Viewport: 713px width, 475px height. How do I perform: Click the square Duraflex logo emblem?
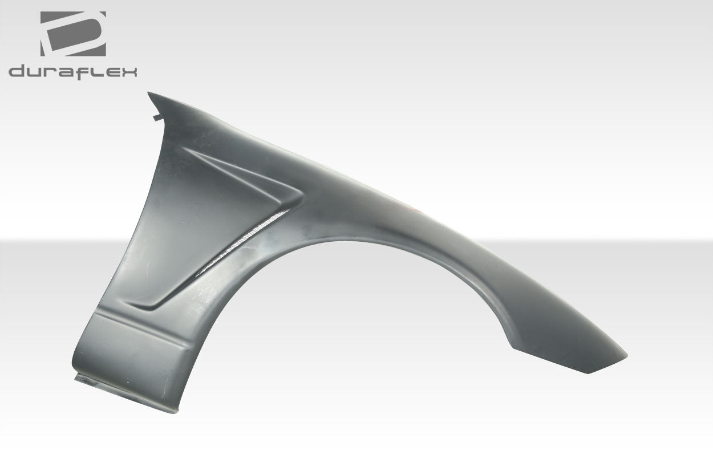coord(72,34)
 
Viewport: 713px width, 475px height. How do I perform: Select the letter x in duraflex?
coord(129,72)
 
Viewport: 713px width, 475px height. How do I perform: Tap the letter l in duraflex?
coord(95,72)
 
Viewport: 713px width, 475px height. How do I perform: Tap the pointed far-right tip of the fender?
coord(626,356)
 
